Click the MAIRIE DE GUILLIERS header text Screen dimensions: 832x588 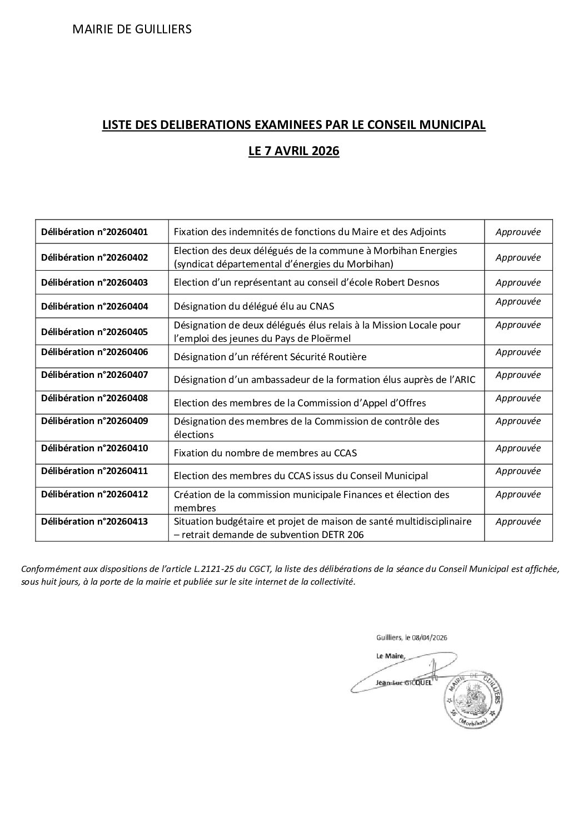[x=132, y=29]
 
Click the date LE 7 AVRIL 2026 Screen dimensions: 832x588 [x=293, y=151]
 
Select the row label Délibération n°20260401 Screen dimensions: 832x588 [x=94, y=232]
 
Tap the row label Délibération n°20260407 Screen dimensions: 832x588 [x=94, y=375]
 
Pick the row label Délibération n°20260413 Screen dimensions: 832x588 [x=94, y=521]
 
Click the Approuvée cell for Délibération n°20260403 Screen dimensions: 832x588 [x=518, y=282]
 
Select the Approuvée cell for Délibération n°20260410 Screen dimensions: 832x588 [x=518, y=448]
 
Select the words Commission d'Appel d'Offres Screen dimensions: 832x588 [x=362, y=403]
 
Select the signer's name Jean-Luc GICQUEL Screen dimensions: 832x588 [x=403, y=683]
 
